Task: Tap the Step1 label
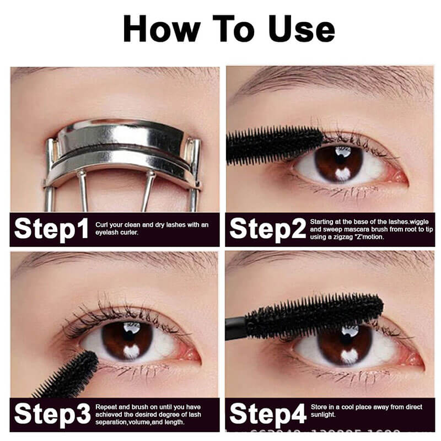tap(51, 229)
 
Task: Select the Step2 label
tap(267, 229)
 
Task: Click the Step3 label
tap(51, 413)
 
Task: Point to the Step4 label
tap(267, 413)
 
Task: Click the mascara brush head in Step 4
tap(314, 314)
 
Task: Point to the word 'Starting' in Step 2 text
tap(322, 220)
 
